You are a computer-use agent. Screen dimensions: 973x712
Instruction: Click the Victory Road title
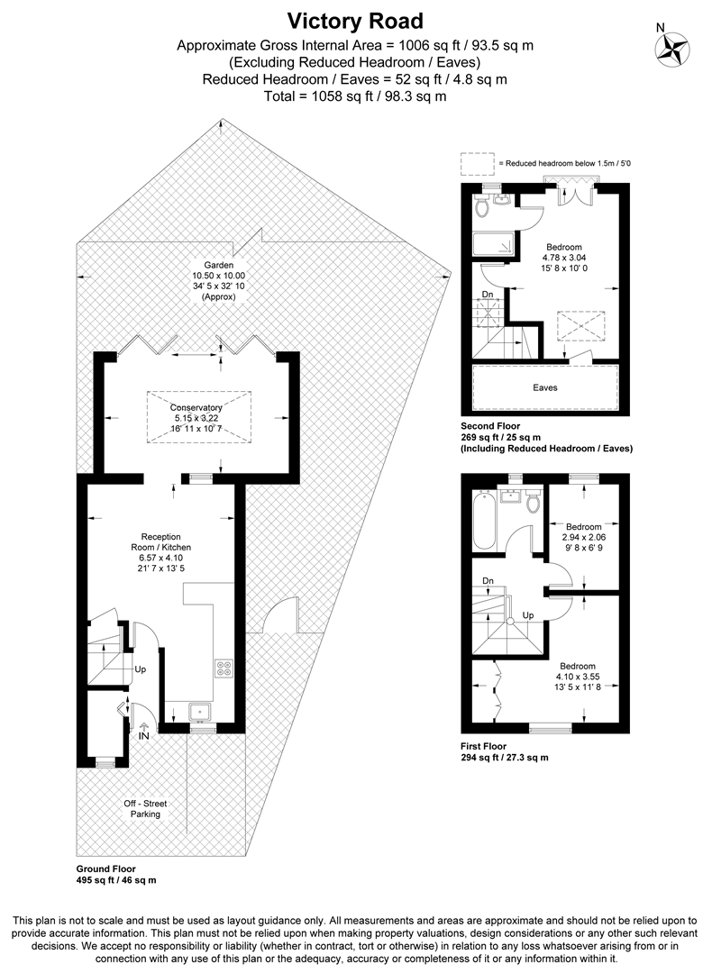(x=355, y=20)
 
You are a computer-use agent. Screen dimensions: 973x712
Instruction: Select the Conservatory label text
(x=197, y=407)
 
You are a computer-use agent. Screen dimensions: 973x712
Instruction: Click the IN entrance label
(x=143, y=735)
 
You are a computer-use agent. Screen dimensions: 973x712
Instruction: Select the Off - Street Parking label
(x=145, y=808)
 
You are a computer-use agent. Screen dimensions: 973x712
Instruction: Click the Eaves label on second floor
(x=544, y=387)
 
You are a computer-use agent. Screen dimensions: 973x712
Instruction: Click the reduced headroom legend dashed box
(x=478, y=164)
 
